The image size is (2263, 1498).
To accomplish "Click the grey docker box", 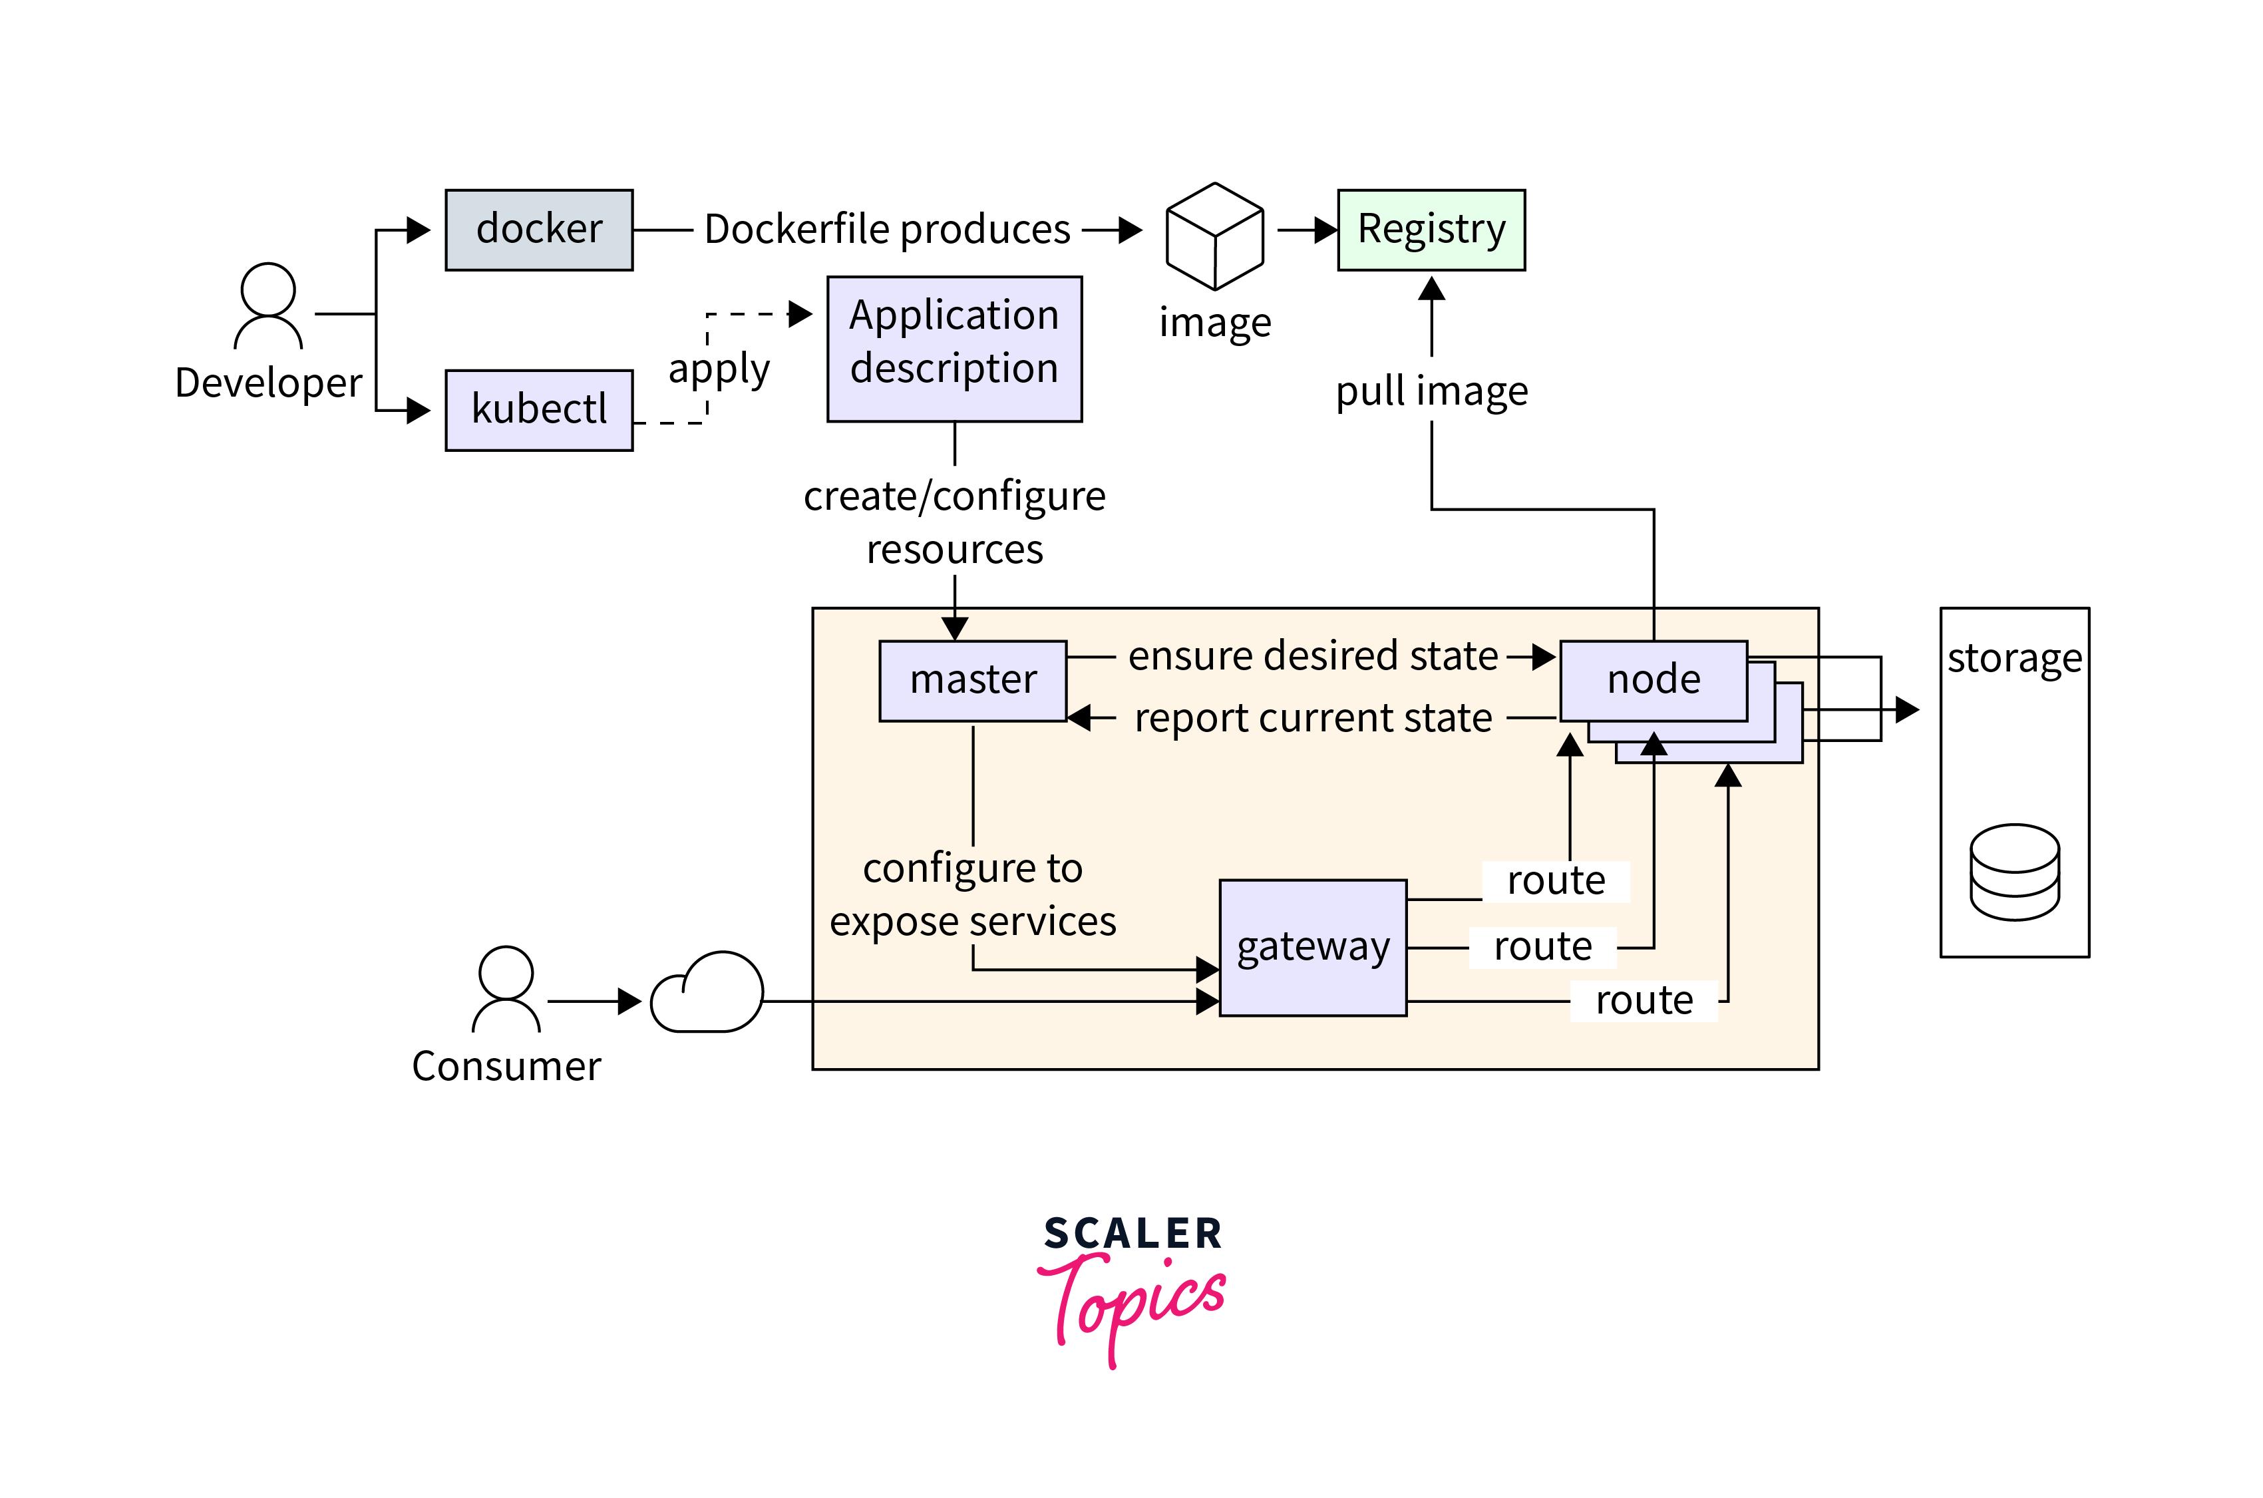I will pos(539,230).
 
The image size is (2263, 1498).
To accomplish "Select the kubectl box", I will pos(539,410).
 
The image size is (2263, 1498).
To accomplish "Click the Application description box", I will pos(954,349).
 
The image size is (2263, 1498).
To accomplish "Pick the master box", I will pos(971,680).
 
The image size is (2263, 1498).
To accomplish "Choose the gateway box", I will pos(1313,947).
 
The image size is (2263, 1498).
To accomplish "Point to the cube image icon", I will pos(1214,236).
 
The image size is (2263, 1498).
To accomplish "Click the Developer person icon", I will pos(268,305).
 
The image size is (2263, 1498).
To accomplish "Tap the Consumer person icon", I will pos(506,989).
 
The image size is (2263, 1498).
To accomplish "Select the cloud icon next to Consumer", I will pos(707,994).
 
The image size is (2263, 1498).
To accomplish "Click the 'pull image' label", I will pos(1431,391).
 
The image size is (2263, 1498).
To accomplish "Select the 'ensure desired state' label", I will pos(1313,656).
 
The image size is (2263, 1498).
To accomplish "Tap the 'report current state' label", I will pos(1313,717).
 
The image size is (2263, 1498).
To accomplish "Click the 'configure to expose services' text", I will pos(972,895).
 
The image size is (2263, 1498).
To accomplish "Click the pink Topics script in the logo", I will pos(1132,1304).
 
